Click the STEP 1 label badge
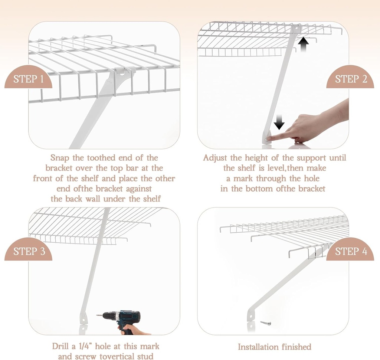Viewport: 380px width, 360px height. pos(28,79)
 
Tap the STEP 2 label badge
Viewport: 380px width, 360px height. pos(351,79)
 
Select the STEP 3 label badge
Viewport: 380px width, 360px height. pos(29,251)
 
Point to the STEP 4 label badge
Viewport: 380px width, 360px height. pos(351,251)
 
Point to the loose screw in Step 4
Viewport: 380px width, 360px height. pos(266,323)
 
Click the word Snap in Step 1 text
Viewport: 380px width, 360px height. pos(60,158)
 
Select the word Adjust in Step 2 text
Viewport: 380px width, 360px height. pos(216,158)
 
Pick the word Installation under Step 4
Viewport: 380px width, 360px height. pos(256,347)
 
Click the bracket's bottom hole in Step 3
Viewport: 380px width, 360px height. pos(83,318)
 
